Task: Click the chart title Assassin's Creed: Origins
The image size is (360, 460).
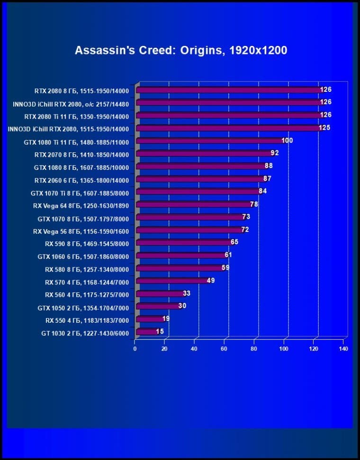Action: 181,50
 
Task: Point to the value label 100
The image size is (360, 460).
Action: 287,141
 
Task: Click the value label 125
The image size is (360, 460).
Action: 324,128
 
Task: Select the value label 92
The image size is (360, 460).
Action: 275,153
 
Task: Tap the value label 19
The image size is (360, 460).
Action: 166,319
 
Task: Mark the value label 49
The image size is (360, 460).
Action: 211,281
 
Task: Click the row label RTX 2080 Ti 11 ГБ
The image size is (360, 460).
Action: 76,115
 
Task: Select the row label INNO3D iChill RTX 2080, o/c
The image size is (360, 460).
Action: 71,103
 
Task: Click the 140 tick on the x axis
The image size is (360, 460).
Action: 343,349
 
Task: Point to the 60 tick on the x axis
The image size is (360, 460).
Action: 224,349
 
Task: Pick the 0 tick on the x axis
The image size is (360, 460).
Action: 135,349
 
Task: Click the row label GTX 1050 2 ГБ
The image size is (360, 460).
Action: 83,307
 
